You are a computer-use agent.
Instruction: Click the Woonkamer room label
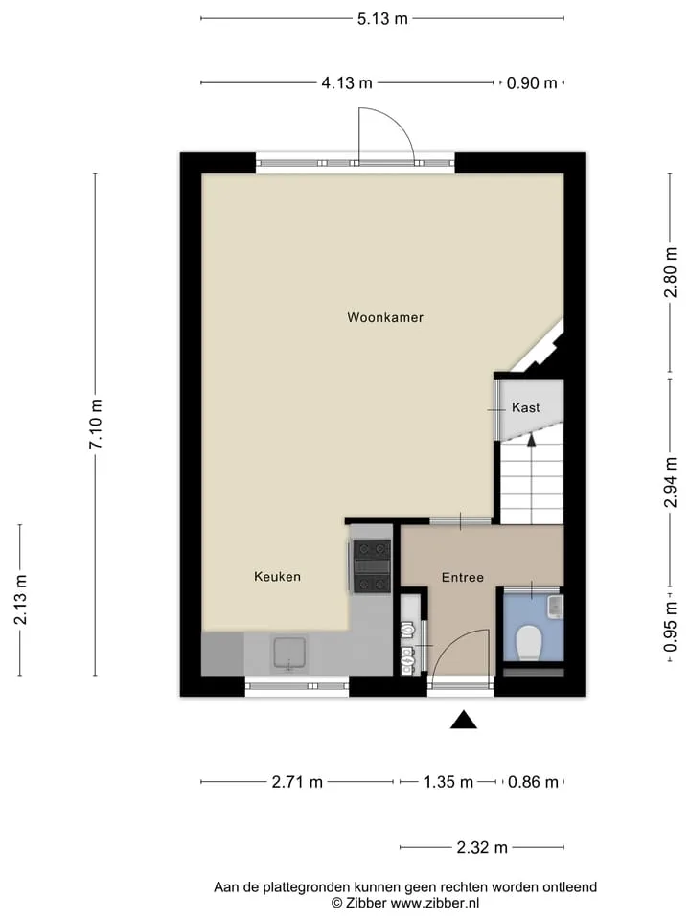385,317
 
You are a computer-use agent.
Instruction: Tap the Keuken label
278,577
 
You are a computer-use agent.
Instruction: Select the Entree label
463,577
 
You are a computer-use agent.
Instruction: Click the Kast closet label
526,407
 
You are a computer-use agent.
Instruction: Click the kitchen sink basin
289,654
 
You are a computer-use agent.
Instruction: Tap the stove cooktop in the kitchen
372,566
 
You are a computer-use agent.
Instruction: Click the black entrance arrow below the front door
464,720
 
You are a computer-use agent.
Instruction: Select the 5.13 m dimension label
382,19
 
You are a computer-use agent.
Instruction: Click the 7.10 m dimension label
96,425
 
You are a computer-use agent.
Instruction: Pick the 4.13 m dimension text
347,83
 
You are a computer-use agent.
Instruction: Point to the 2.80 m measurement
670,273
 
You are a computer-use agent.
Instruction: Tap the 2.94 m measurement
670,482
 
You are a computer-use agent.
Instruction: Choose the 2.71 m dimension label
297,782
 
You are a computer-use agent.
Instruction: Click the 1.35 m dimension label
448,782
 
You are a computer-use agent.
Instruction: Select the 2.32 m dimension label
482,848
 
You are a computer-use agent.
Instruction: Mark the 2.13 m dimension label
20,600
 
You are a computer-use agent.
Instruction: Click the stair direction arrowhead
532,440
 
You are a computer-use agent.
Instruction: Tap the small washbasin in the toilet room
555,607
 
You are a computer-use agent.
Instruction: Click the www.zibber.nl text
435,903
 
